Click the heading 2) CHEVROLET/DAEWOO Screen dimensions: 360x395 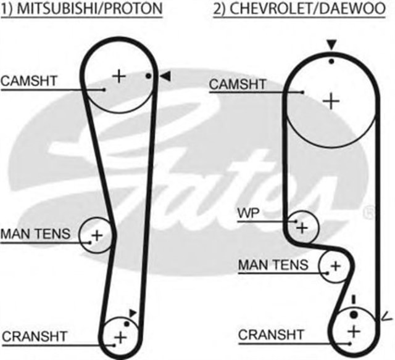click(x=304, y=9)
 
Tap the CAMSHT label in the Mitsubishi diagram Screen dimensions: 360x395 click(x=29, y=80)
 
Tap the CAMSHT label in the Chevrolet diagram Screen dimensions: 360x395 click(x=238, y=84)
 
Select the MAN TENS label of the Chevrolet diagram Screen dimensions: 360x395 click(x=273, y=265)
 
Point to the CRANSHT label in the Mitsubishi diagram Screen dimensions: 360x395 click(x=34, y=337)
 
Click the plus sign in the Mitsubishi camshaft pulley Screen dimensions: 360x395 click(x=118, y=76)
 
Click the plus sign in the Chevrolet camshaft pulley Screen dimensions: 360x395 click(x=331, y=100)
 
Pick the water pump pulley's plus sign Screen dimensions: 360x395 click(x=302, y=227)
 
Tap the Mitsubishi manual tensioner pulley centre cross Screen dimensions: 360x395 click(x=97, y=235)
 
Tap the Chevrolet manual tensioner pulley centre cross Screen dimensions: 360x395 click(x=335, y=266)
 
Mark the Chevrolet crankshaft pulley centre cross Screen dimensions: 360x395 click(x=353, y=332)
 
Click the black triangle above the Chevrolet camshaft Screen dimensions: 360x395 click(x=331, y=44)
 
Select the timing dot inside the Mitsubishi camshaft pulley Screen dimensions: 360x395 click(x=148, y=76)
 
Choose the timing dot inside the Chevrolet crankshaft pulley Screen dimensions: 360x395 click(x=353, y=314)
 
